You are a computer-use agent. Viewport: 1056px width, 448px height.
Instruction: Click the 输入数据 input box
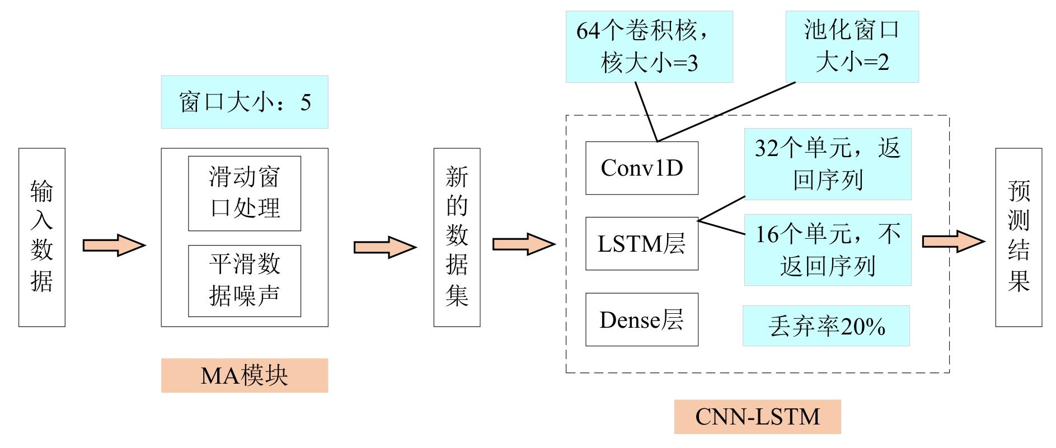(42, 237)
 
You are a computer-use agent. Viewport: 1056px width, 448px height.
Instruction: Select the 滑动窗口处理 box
(245, 194)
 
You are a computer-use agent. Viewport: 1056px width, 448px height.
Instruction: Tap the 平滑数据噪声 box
(245, 281)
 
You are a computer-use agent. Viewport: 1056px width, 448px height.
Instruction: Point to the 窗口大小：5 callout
(245, 102)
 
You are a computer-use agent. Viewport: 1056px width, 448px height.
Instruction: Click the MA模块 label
(245, 376)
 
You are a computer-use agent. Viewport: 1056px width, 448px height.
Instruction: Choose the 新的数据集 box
(457, 237)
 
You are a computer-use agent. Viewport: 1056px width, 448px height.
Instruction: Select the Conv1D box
(642, 168)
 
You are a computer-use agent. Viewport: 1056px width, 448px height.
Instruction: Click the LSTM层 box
(642, 244)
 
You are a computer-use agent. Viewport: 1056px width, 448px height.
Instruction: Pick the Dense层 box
(642, 320)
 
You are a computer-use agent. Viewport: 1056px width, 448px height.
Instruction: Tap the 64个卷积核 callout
(649, 46)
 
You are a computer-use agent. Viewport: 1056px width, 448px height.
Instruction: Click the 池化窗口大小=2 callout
(852, 46)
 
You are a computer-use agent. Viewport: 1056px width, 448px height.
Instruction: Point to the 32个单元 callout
(828, 164)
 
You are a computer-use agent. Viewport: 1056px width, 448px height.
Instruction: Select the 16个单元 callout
(828, 250)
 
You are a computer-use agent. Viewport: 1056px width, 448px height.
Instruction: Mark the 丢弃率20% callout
(826, 326)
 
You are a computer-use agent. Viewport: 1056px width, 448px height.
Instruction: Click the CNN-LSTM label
(757, 417)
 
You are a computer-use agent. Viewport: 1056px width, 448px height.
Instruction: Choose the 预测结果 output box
(1019, 237)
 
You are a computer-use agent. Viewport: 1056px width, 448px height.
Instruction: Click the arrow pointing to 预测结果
(953, 242)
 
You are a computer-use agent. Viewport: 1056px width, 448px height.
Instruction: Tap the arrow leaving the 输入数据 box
(114, 245)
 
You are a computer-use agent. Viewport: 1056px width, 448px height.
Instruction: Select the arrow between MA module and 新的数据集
(385, 247)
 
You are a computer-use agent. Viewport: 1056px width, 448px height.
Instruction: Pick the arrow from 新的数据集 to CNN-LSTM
(523, 244)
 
